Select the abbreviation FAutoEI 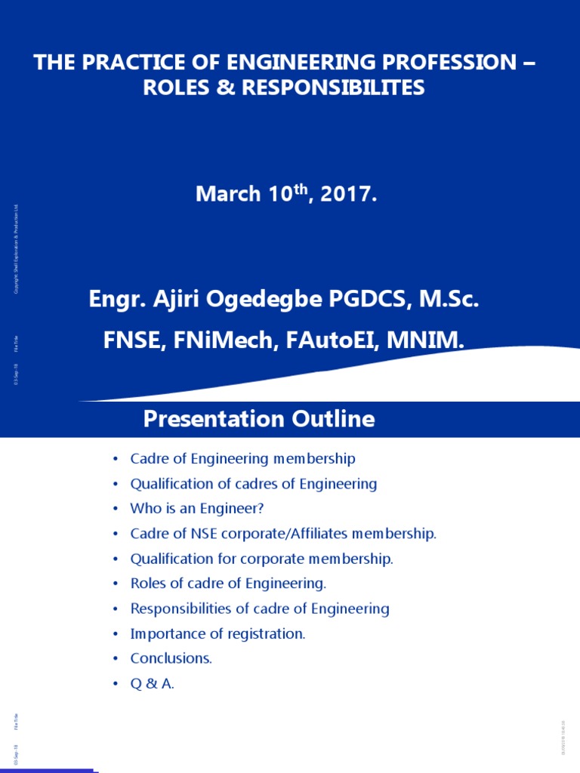336,340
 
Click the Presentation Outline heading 259,420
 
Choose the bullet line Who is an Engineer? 197,509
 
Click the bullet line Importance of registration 217,634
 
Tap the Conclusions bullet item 171,658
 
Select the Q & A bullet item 153,684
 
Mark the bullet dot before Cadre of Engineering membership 115,460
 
